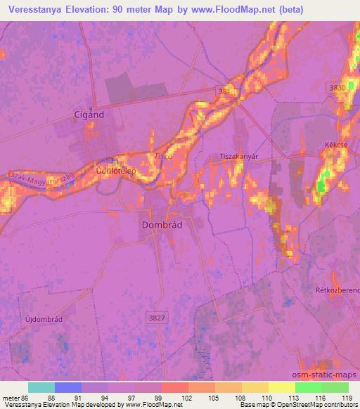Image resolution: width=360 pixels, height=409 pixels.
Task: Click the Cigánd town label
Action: click(x=90, y=114)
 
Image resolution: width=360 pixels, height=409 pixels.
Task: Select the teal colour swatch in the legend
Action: click(x=41, y=387)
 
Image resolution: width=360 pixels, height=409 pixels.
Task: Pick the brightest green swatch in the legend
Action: click(x=308, y=387)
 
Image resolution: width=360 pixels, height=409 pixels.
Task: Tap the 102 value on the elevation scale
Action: click(x=188, y=398)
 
